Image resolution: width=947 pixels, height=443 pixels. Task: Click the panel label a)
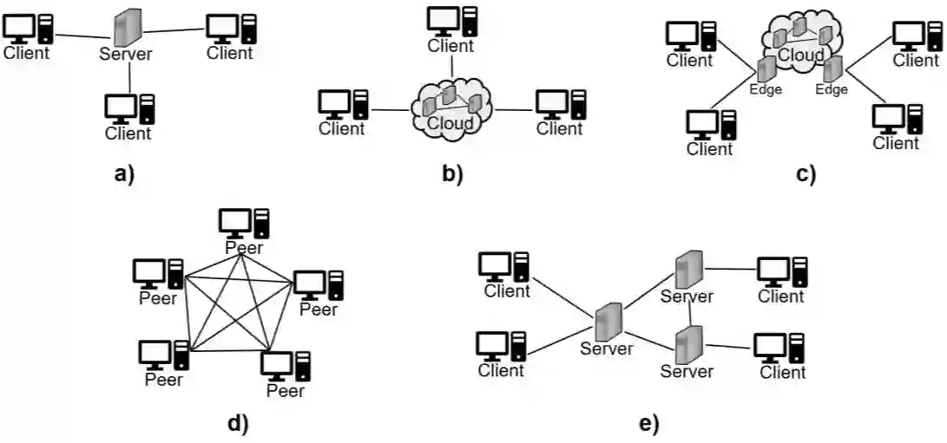point(124,174)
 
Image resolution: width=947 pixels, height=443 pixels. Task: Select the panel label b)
point(451,174)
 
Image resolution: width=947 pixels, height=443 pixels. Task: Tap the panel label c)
point(806,174)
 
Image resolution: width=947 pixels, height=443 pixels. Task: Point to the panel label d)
point(238,423)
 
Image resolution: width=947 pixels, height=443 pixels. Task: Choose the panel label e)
point(648,423)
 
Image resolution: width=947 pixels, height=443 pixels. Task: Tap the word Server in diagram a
point(126,54)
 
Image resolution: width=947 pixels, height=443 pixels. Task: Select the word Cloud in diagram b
point(450,123)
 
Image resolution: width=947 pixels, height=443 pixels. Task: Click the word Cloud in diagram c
point(801,55)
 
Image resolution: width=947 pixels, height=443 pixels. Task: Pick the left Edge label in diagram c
point(766,89)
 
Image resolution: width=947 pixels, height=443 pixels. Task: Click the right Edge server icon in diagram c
point(833,68)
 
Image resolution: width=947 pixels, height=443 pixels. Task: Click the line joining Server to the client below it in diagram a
point(129,77)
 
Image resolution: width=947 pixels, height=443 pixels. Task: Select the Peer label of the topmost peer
point(244,247)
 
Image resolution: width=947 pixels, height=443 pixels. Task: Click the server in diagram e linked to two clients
point(607,322)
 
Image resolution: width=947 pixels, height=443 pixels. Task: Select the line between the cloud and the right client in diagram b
point(513,110)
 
